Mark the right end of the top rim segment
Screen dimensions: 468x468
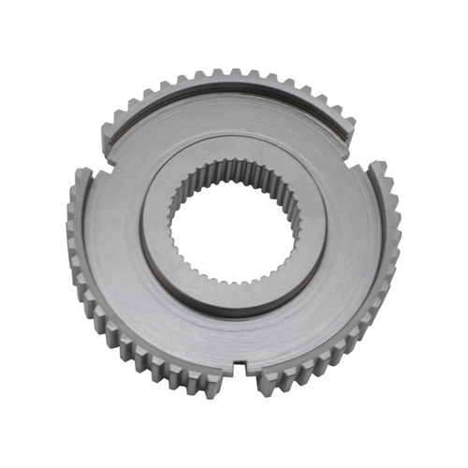(348, 131)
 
